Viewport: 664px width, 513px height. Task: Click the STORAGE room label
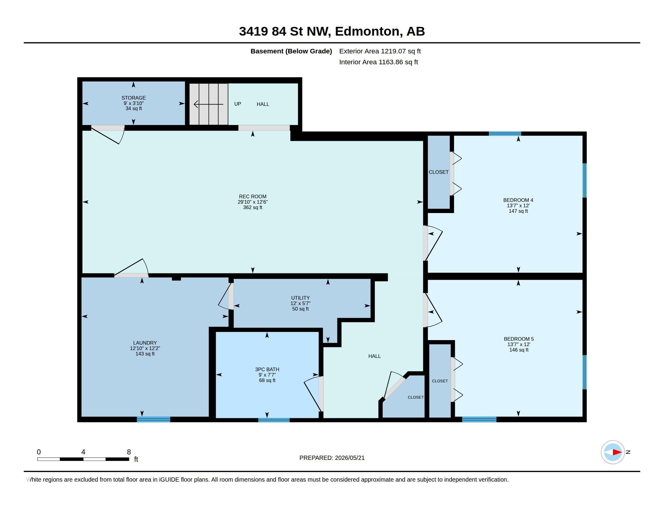coord(133,98)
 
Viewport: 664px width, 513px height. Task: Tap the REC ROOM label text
coord(253,197)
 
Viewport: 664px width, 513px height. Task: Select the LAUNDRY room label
coord(145,343)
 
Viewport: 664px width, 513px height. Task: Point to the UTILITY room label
coord(300,298)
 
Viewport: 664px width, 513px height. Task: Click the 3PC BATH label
coord(267,369)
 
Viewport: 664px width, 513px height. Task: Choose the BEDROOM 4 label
coord(518,200)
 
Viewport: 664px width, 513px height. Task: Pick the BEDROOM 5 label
coord(519,339)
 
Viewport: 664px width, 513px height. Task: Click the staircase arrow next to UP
coord(209,104)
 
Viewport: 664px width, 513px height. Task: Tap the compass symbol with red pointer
coord(613,452)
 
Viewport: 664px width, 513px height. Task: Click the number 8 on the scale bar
coord(129,452)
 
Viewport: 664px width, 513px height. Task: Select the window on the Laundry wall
coord(154,419)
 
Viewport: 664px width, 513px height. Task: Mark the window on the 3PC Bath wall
coord(274,420)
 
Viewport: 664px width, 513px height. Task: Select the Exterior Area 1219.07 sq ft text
coord(380,51)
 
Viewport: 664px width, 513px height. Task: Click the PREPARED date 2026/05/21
coord(350,458)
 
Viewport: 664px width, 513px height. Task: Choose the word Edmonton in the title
coord(367,31)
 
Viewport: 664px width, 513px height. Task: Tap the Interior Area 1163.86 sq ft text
coord(378,62)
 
